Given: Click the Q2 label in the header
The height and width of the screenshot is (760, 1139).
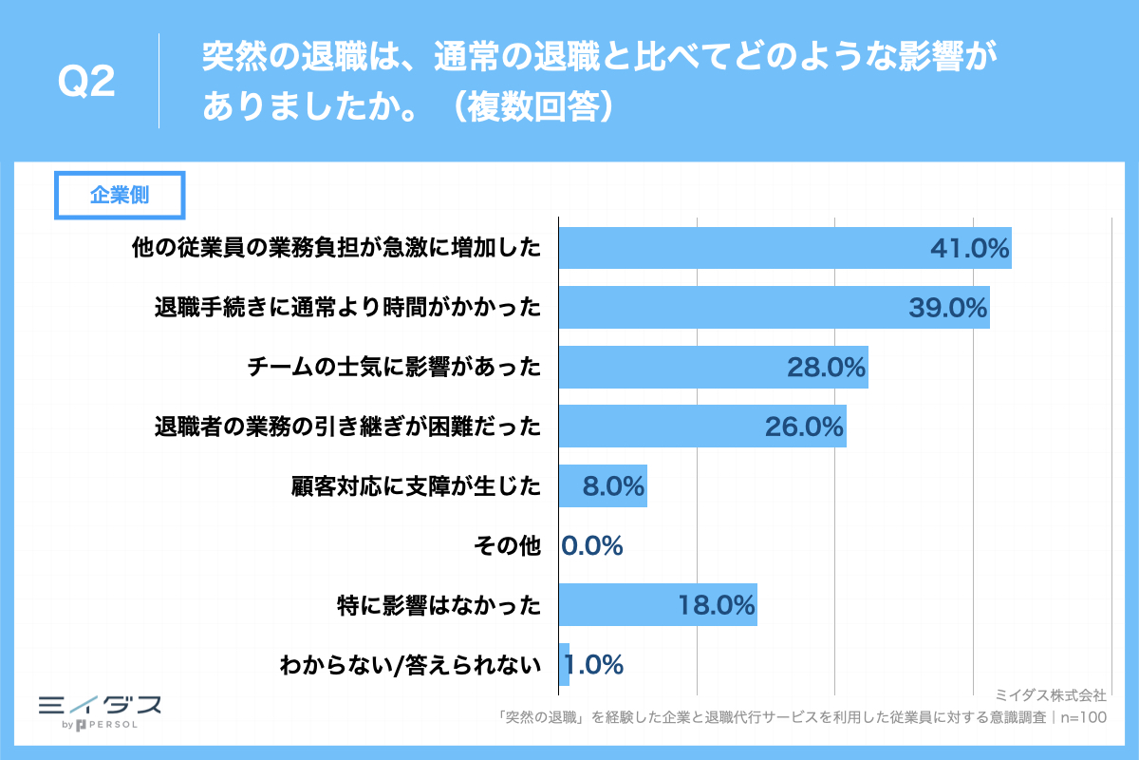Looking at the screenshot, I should pos(86,83).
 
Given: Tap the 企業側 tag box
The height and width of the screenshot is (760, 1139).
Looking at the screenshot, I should pos(119,195).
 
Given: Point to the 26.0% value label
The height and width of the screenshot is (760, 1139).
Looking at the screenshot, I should pos(805,427).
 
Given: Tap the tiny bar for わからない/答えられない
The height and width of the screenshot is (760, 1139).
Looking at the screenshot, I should pos(564,664).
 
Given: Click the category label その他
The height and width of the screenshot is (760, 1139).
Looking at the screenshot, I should pos(507,546).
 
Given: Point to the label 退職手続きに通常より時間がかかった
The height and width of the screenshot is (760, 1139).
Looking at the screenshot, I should pos(348,309).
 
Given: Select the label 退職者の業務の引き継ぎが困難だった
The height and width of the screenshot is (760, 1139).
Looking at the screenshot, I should pos(348,427).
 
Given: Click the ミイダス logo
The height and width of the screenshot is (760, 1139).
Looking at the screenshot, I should pos(99,704).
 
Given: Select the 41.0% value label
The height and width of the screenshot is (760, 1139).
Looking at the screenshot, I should pos(968,249).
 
